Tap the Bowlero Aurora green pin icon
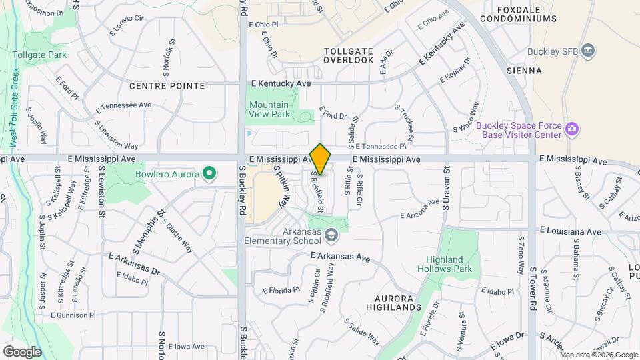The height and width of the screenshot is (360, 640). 209,175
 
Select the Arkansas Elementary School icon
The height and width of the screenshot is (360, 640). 331,235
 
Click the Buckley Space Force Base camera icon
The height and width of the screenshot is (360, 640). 571,129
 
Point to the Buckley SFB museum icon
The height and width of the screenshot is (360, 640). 587,51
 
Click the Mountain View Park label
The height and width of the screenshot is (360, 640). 269,110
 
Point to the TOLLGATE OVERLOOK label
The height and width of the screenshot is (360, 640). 349,55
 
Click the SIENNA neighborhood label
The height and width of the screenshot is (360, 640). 524,70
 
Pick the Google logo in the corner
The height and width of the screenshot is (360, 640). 22,351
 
